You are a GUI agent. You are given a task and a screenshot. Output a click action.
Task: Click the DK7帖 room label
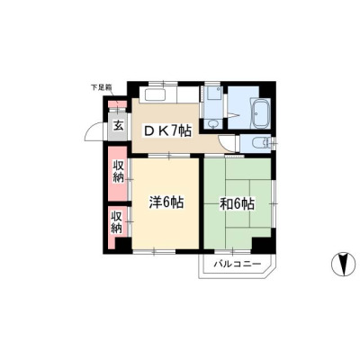[x=167, y=131]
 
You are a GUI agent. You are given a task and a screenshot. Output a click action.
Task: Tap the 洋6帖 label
[x=166, y=202]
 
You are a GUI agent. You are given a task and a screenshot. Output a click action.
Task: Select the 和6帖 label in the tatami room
[x=238, y=204]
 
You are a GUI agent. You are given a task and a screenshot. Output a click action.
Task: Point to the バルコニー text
[x=238, y=265]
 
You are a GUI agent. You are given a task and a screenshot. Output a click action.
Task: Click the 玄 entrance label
[x=118, y=126]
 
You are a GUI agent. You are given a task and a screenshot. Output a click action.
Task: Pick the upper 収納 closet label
[x=119, y=171]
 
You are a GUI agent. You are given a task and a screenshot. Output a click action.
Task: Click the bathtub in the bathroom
[x=261, y=113]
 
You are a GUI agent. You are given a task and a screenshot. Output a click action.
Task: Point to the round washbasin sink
[x=213, y=124]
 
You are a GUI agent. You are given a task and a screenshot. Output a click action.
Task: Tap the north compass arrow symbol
[x=341, y=263]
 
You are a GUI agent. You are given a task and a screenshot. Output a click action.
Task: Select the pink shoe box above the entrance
[x=117, y=104]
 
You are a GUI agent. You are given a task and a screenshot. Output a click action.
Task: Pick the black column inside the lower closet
[x=123, y=245]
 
